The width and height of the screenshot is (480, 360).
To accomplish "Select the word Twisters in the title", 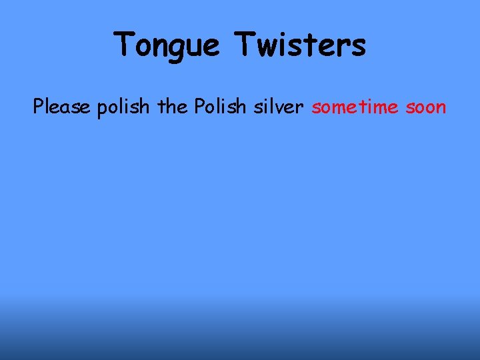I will point(299,45).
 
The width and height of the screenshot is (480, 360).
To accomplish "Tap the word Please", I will point(61,107).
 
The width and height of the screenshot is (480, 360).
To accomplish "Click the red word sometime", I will point(363,107).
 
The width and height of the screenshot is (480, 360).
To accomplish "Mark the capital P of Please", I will point(39,107).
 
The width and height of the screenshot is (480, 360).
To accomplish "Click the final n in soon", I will point(441,108).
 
